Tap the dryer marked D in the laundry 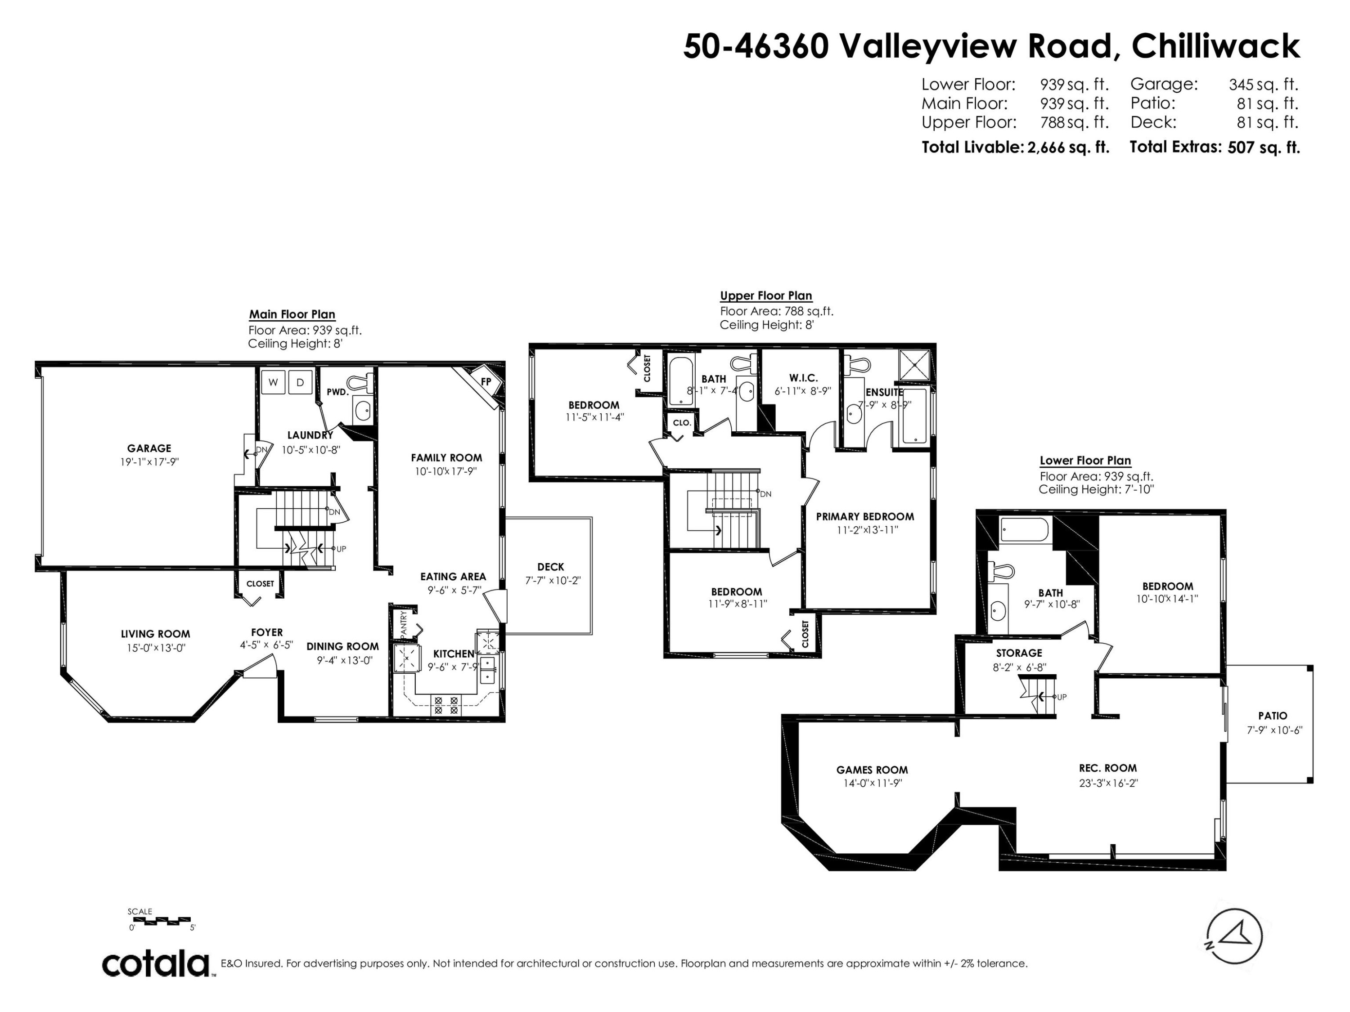pos(300,382)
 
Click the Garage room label pos(149,448)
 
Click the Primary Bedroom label pos(865,517)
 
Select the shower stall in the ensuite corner pos(915,365)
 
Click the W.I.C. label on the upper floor pos(803,378)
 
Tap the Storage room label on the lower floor pos(1019,653)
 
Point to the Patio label pos(1273,716)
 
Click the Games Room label pos(872,770)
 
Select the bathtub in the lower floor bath pos(1025,529)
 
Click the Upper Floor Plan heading pos(766,296)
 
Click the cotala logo pos(156,964)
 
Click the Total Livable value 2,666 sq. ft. pos(1068,148)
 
